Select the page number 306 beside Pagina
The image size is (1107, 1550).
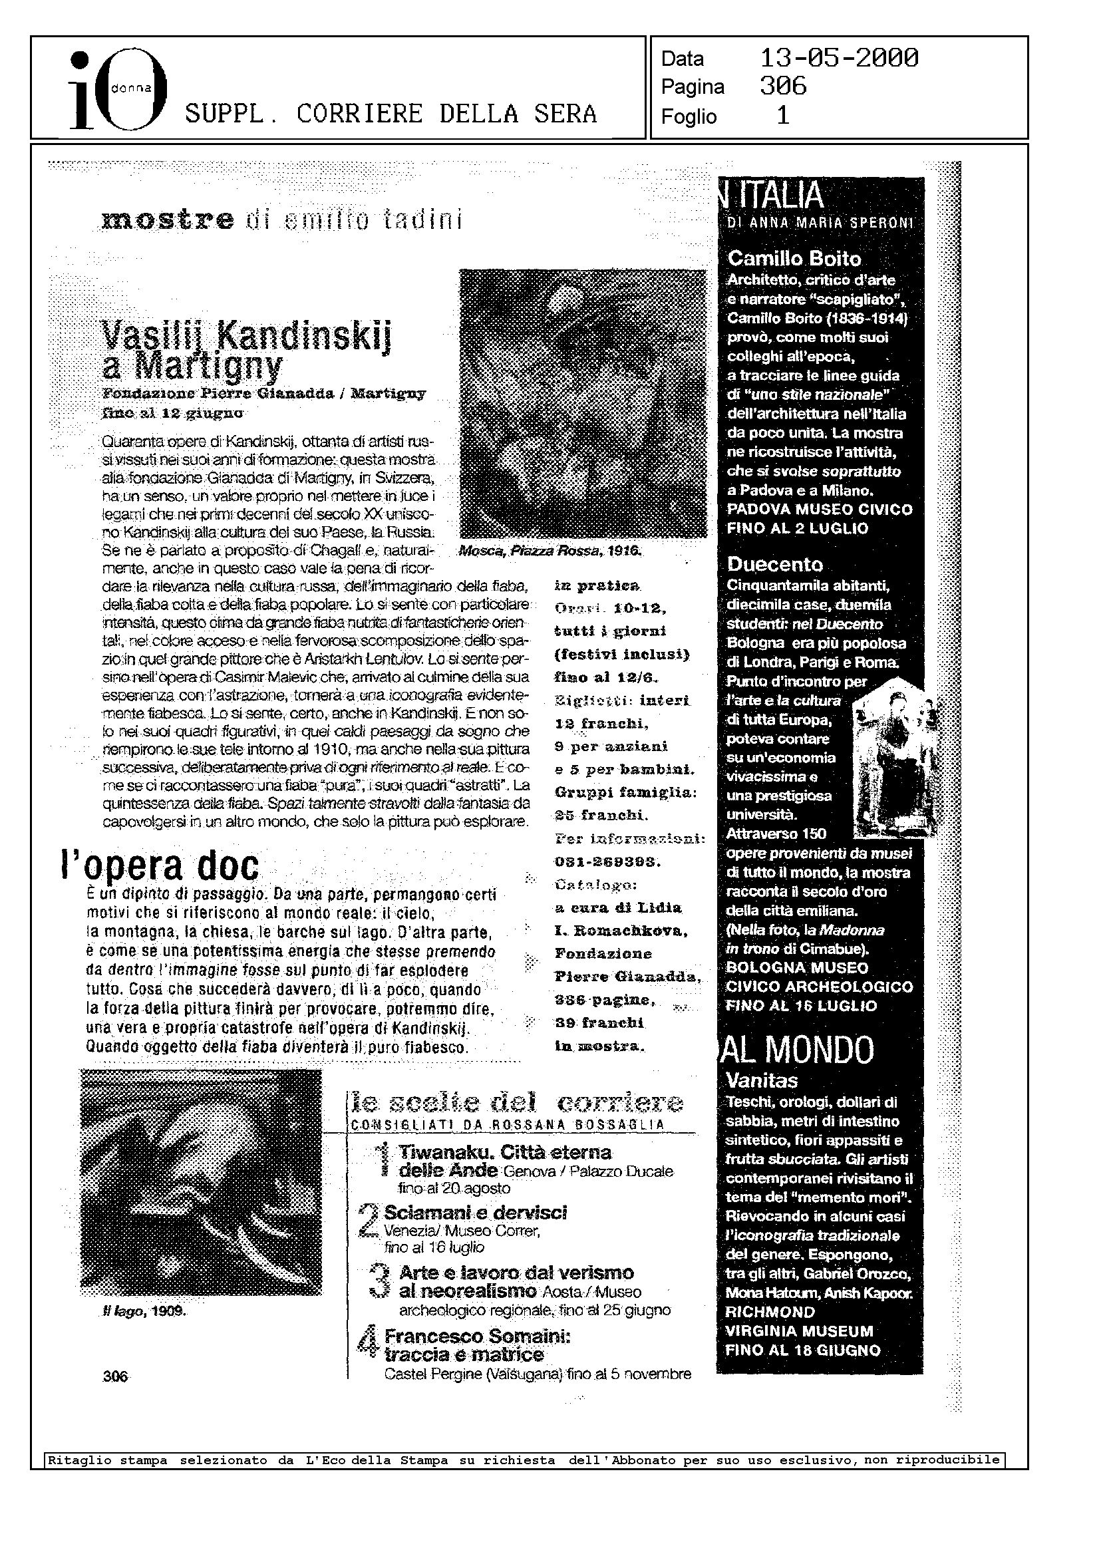tap(783, 86)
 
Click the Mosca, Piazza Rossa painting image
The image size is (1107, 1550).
tap(583, 404)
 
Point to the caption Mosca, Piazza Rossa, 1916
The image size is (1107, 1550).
tap(551, 551)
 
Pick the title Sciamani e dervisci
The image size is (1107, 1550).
tap(475, 1213)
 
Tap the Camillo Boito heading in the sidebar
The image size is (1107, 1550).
tap(794, 258)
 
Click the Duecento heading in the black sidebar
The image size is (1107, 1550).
tap(775, 564)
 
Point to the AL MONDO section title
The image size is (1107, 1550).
tap(798, 1050)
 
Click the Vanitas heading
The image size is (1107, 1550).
tap(762, 1081)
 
